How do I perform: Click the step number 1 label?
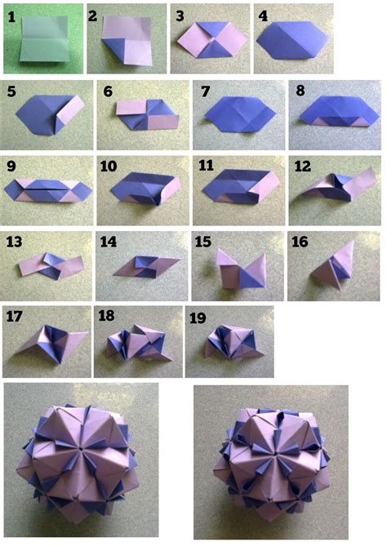coord(11,16)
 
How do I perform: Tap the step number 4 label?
coord(263,16)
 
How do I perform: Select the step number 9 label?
coord(11,166)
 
